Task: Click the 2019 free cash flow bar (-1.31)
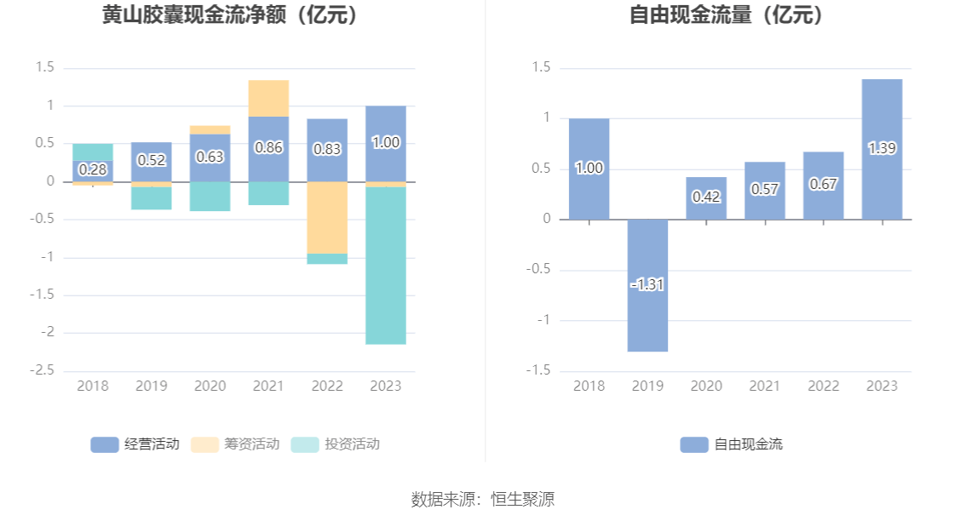coord(647,285)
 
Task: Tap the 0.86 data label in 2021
coord(268,147)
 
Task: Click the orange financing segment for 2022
coord(327,217)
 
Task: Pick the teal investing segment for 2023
coord(386,265)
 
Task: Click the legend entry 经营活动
coord(135,444)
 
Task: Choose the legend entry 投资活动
coord(336,444)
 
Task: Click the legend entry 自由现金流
coord(732,444)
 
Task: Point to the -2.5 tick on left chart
coord(43,371)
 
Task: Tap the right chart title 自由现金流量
coord(727,15)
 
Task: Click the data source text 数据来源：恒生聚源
coord(483,499)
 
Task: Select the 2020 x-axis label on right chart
coord(706,386)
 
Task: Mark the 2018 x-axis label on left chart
coord(93,386)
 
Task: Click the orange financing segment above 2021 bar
coord(268,98)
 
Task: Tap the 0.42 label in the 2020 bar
coord(706,197)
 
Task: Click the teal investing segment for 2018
coord(93,152)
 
